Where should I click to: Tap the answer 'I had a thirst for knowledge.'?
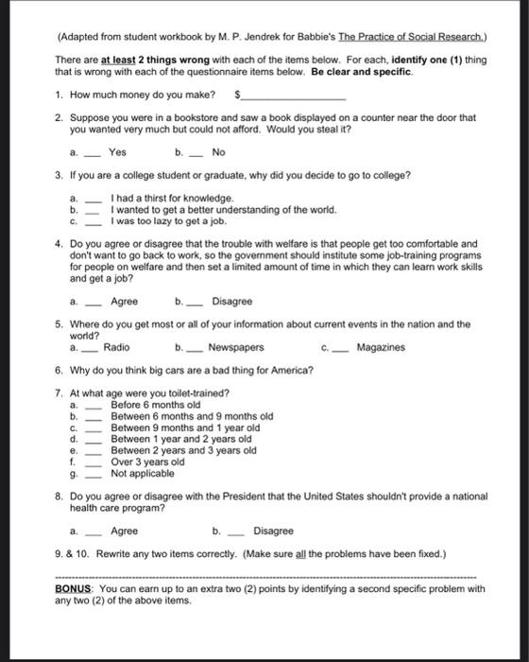170,198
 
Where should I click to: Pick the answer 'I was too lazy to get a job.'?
168,220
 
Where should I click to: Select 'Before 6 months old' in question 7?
155,405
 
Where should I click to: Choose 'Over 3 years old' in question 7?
147,462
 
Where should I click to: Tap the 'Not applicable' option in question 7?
143,473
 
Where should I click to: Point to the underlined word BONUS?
76,588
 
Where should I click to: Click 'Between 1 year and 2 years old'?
180,439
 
